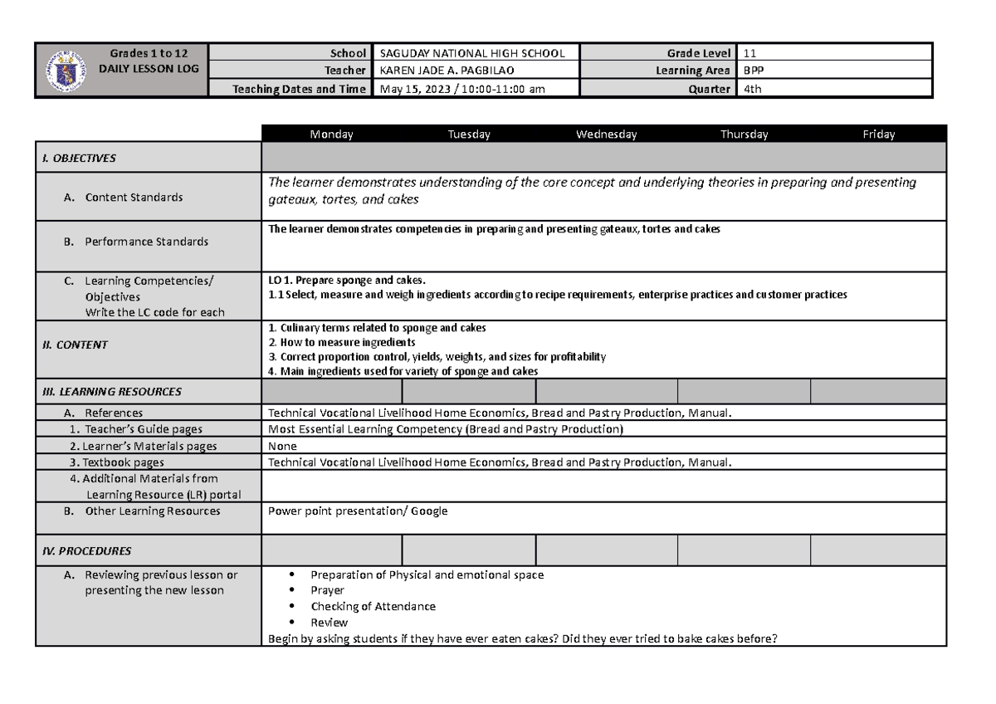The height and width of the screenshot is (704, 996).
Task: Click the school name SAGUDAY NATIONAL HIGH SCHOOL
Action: coord(471,53)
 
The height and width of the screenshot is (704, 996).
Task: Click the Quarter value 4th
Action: coord(753,89)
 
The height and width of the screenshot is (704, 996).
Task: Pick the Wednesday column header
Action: coord(607,134)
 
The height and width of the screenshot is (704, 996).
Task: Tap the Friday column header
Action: coord(879,134)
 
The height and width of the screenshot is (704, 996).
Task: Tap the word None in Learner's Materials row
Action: coord(283,446)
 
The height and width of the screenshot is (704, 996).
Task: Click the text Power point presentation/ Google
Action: coord(358,511)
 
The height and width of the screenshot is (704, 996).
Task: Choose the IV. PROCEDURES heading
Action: coord(86,550)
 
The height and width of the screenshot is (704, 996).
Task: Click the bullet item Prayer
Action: coord(327,590)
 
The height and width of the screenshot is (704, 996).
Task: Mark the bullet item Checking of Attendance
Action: coord(373,606)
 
